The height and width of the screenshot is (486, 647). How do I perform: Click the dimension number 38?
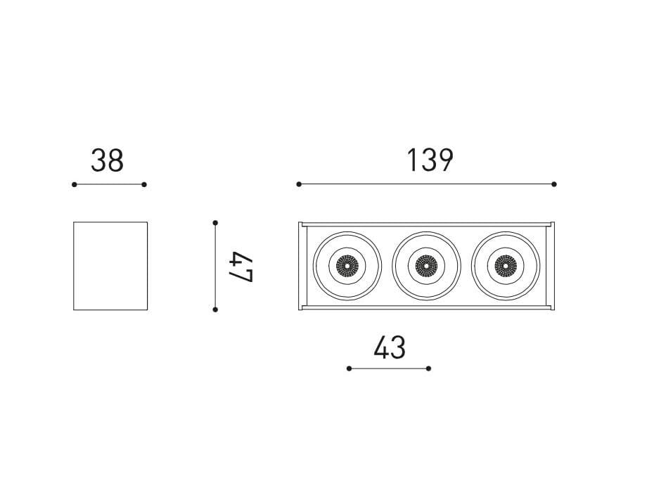(x=107, y=161)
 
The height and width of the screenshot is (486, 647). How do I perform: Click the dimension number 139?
(x=430, y=161)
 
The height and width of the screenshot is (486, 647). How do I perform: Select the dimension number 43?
(x=390, y=347)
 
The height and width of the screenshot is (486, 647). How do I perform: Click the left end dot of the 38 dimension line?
(x=74, y=184)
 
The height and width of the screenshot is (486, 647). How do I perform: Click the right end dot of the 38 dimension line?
(x=144, y=184)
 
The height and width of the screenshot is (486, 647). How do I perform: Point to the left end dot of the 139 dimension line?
(x=299, y=184)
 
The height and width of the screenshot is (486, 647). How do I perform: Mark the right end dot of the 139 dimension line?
(x=554, y=184)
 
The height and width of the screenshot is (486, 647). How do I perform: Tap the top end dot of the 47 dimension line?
(x=215, y=223)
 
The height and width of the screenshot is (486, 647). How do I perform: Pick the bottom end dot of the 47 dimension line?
(x=215, y=309)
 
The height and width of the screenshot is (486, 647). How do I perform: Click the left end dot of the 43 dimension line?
(x=349, y=368)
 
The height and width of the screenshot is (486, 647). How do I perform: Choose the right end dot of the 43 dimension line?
(x=429, y=368)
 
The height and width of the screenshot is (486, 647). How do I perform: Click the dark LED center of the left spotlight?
(x=347, y=266)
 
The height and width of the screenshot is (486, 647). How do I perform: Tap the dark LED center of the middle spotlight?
(x=425, y=266)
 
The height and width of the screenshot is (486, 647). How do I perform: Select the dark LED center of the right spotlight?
(x=504, y=266)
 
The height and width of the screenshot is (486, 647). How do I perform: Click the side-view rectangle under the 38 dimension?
(x=110, y=266)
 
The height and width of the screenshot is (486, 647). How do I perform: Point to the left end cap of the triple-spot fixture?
(x=301, y=266)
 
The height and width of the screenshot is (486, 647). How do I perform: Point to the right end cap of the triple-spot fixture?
(x=552, y=266)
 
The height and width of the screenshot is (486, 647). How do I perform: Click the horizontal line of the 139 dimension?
(x=426, y=184)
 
